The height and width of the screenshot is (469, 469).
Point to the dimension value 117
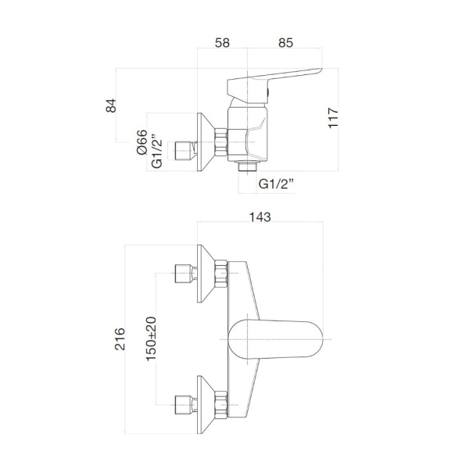pos(333,117)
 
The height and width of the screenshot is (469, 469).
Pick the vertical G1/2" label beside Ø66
pos(158,151)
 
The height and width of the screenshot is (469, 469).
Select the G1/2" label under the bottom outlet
pos(277,184)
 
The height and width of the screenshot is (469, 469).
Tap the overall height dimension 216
pos(120,338)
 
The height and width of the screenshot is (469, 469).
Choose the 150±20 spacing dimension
pos(150,338)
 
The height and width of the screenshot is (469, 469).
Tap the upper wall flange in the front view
pos(206,273)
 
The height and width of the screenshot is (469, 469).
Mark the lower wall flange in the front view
pos(206,403)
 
